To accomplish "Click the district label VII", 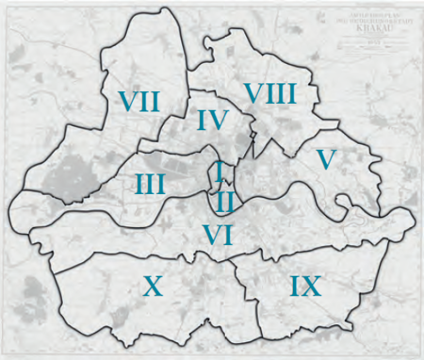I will tap(139, 100).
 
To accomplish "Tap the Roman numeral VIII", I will tap(269, 93).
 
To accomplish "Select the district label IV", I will tap(214, 121).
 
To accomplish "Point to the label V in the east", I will tap(325, 159).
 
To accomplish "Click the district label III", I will tap(150, 183).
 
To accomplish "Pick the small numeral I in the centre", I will tap(219, 172).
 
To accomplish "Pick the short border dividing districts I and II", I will tap(220, 187).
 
